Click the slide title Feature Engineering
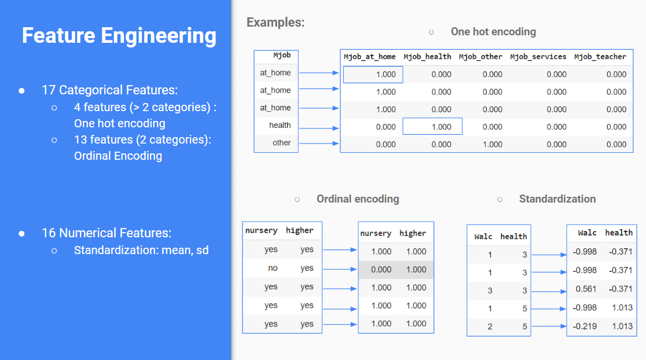point(119,36)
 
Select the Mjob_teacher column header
point(600,57)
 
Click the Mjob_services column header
point(538,57)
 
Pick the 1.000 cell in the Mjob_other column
point(492,144)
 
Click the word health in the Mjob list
point(280,125)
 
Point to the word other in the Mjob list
point(281,143)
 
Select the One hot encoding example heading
point(493,32)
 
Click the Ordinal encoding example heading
point(358,199)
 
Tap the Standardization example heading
point(557,199)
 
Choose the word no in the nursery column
point(273,269)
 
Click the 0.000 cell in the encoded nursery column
point(381,269)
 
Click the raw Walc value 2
point(490,326)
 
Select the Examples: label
point(276,23)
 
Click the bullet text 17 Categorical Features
point(109,90)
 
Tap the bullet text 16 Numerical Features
point(107,233)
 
